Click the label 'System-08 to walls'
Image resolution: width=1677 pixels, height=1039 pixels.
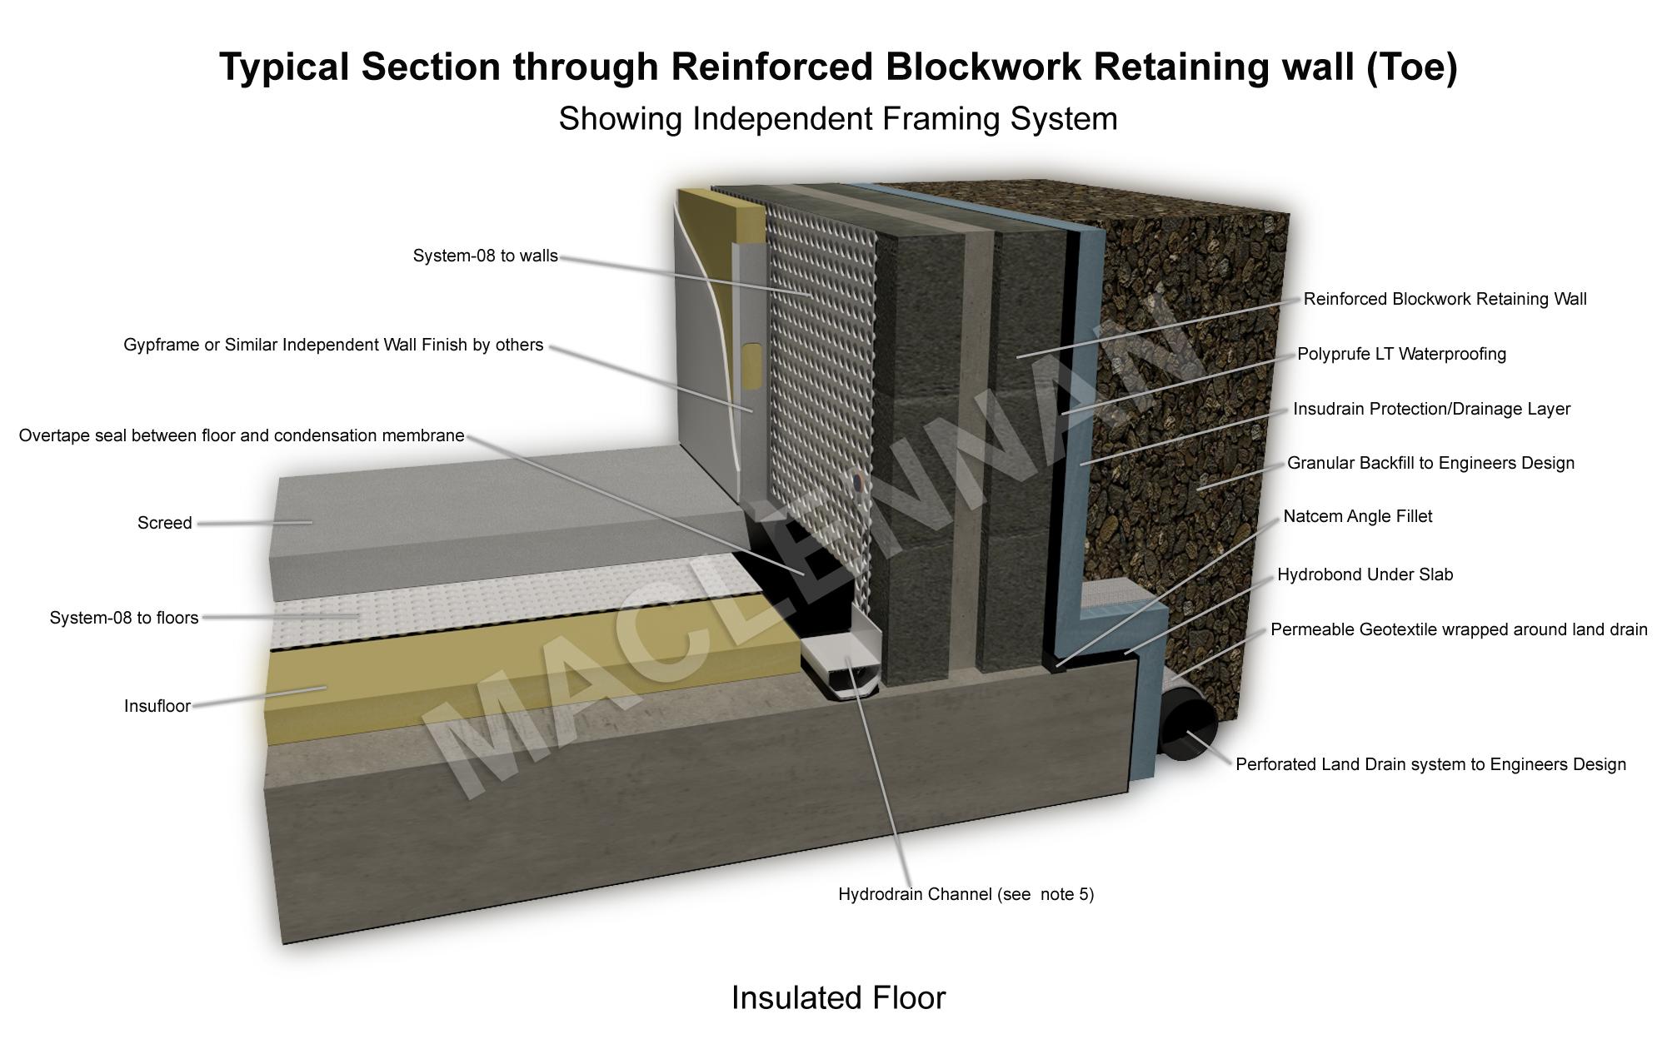(485, 256)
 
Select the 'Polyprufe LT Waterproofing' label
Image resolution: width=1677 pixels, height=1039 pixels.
(1401, 354)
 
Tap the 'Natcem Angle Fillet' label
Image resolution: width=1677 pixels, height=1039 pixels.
(1357, 516)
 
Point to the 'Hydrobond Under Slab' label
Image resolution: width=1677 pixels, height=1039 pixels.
(1365, 574)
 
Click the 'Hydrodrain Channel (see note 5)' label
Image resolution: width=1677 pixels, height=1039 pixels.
(966, 894)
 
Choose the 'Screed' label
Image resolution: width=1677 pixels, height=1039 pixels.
(164, 523)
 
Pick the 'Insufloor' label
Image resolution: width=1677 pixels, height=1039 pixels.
(157, 706)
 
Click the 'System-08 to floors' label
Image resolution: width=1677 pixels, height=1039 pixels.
(124, 618)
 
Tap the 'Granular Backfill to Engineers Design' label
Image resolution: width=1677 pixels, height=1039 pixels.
(1430, 463)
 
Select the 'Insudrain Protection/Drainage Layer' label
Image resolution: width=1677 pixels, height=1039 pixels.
(1431, 409)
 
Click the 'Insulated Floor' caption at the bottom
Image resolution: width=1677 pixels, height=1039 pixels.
(838, 997)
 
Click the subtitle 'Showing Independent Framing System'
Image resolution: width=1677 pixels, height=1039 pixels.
(837, 118)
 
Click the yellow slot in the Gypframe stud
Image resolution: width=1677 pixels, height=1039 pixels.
(751, 366)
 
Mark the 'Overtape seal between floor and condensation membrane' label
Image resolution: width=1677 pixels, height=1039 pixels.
(242, 435)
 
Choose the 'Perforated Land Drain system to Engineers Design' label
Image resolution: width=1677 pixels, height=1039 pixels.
(1430, 764)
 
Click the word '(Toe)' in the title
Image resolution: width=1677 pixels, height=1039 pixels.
(1412, 67)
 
